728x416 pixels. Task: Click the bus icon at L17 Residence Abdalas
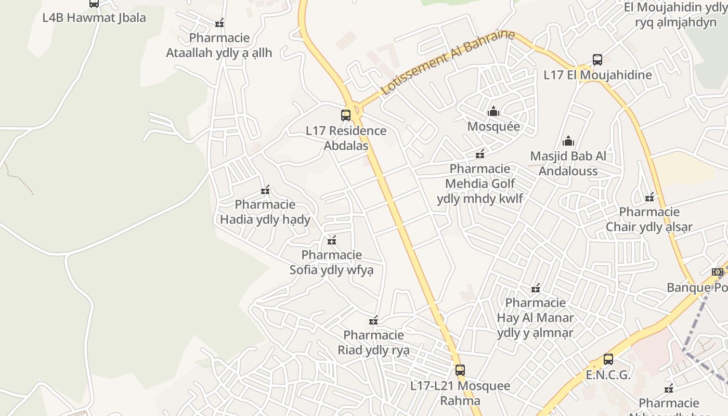click(346, 115)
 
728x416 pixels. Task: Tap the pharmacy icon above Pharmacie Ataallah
click(219, 23)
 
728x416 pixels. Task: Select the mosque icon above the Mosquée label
click(493, 111)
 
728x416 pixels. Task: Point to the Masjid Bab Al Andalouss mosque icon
click(568, 141)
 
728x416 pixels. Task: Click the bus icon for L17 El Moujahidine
click(597, 60)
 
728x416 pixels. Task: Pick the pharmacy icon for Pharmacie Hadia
click(265, 190)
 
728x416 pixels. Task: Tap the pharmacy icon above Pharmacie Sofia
click(332, 240)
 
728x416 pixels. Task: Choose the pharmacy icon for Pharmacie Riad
click(373, 320)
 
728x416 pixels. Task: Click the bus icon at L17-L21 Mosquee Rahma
click(460, 370)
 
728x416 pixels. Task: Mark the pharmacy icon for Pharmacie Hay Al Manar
click(536, 288)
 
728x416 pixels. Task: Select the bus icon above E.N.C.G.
click(608, 359)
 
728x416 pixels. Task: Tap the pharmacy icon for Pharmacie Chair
click(649, 197)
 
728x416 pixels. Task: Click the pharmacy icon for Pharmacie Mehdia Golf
click(480, 154)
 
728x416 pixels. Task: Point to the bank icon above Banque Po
click(718, 272)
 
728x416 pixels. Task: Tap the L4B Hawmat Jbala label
click(94, 18)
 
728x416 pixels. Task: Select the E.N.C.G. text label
click(608, 375)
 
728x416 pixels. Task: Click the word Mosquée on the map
click(493, 126)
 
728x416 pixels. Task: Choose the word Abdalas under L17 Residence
click(346, 146)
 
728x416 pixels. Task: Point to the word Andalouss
click(568, 171)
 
